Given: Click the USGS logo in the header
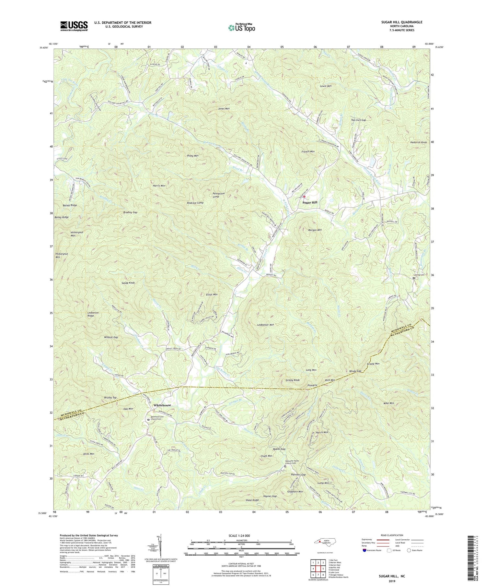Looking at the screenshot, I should coord(74,26).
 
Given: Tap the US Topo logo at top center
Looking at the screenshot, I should coord(241,28).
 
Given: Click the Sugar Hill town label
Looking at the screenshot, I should coord(310,202).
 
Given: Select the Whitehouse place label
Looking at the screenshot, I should coord(162,405).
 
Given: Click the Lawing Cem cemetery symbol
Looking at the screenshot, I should coord(413,278).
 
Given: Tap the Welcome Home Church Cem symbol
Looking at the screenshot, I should coord(285,466).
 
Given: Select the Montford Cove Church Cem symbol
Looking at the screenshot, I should coord(149,419).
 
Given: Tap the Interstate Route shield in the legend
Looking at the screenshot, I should coord(364,550).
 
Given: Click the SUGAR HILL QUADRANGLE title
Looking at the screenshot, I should coord(402,22).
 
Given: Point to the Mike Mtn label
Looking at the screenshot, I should coord(388,403).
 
